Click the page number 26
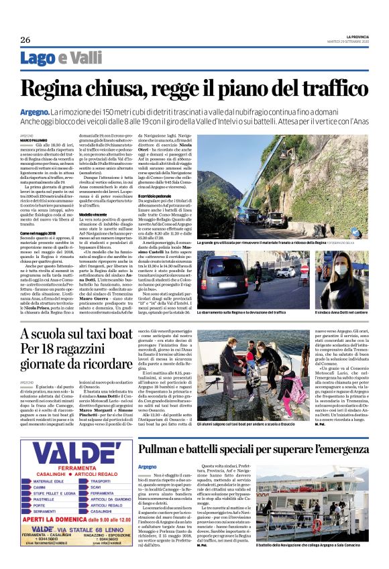(x=25, y=40)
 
